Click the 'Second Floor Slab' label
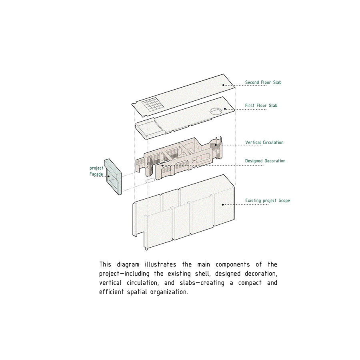coord(263,82)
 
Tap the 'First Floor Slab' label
coord(261,106)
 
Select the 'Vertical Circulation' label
coord(264,142)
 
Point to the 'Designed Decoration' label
coord(265,161)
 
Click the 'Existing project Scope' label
coord(268,201)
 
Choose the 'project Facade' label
coord(96,171)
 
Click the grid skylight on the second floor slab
coord(153,104)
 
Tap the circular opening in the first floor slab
coord(216,111)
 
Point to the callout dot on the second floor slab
coord(223,85)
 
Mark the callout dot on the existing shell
coord(223,204)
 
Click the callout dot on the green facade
coord(108,176)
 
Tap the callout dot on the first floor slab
coord(225,109)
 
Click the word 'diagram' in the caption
coord(128,265)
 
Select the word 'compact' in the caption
coord(250,283)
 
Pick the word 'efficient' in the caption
coord(111,292)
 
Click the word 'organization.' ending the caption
coord(169,292)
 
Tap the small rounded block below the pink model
coord(150,181)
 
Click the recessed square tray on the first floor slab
coord(147,128)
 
